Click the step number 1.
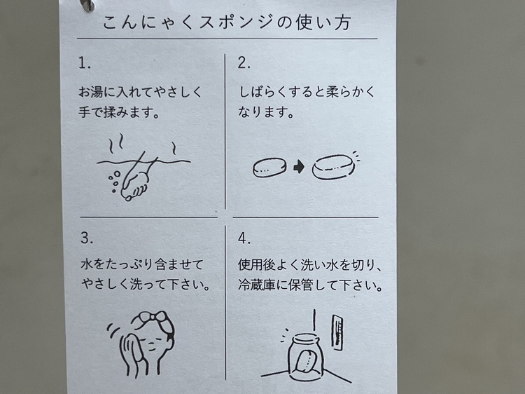tap(84, 63)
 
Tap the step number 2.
tap(244, 62)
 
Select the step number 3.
tap(86, 238)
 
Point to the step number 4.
tap(244, 238)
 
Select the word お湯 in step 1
tap(90, 92)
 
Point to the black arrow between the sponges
tap(299, 167)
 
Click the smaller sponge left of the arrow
tap(269, 168)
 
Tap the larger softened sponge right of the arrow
tap(334, 167)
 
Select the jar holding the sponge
tap(306, 357)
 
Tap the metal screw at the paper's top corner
tap(87, 4)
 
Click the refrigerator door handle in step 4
tap(337, 332)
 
